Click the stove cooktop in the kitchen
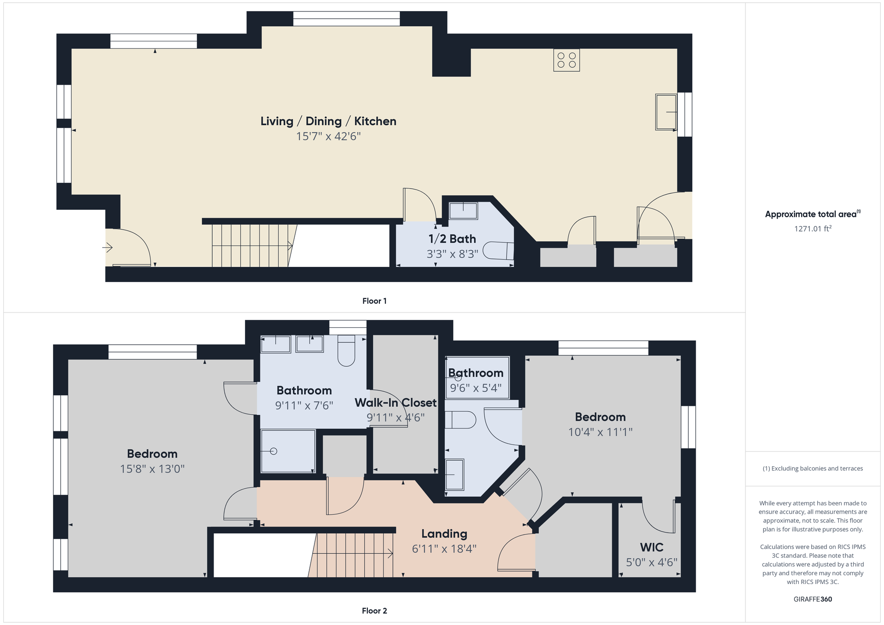[x=566, y=60]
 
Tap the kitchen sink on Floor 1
[x=666, y=112]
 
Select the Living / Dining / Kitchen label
[x=328, y=121]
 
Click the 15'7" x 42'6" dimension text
[x=328, y=136]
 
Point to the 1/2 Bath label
[x=452, y=239]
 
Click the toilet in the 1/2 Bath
[x=499, y=251]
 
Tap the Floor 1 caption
[x=374, y=301]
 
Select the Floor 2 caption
[x=374, y=611]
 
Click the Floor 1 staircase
[x=253, y=245]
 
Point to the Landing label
[x=444, y=534]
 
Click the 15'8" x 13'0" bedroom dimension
[x=152, y=469]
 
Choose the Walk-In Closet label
[x=395, y=403]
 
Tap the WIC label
[x=651, y=547]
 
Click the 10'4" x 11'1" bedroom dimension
[x=600, y=432]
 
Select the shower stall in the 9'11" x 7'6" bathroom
[x=288, y=451]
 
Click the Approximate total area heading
[x=813, y=214]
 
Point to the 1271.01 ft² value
[x=813, y=228]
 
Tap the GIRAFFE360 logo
[x=813, y=599]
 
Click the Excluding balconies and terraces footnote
[x=813, y=469]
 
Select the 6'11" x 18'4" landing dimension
[x=444, y=549]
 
